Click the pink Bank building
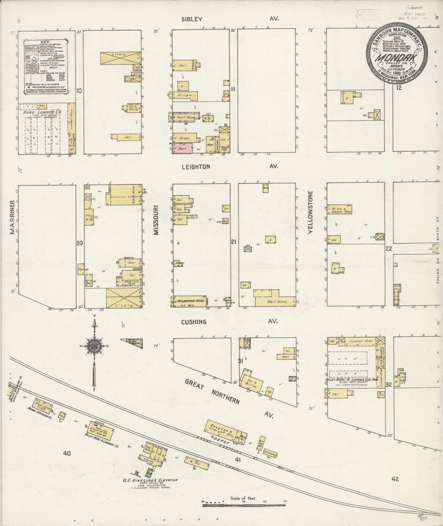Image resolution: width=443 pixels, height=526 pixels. point(182,149)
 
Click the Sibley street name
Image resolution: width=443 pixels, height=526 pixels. point(192,19)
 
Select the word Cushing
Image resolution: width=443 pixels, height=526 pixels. point(193,322)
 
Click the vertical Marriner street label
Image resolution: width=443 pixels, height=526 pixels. point(13,217)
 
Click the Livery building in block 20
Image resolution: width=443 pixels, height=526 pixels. point(124,297)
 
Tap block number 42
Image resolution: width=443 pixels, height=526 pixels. point(395,479)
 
